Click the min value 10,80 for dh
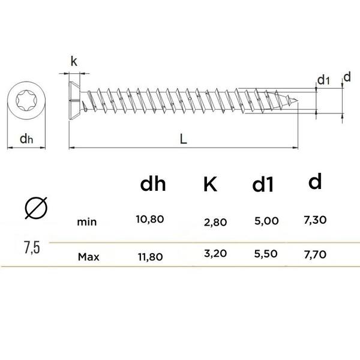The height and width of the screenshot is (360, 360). (x=149, y=219)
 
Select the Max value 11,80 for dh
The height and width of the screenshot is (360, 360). (x=151, y=257)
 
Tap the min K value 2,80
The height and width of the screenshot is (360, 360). (x=215, y=222)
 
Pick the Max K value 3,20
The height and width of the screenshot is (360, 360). (x=215, y=253)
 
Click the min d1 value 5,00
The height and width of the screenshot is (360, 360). (x=266, y=221)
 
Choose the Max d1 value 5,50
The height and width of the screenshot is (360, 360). (x=266, y=254)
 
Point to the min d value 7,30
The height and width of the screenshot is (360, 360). (x=315, y=220)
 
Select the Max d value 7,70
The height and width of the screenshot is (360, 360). (x=315, y=254)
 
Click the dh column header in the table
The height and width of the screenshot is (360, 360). (x=153, y=184)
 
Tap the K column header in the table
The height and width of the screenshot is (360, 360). (x=210, y=184)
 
